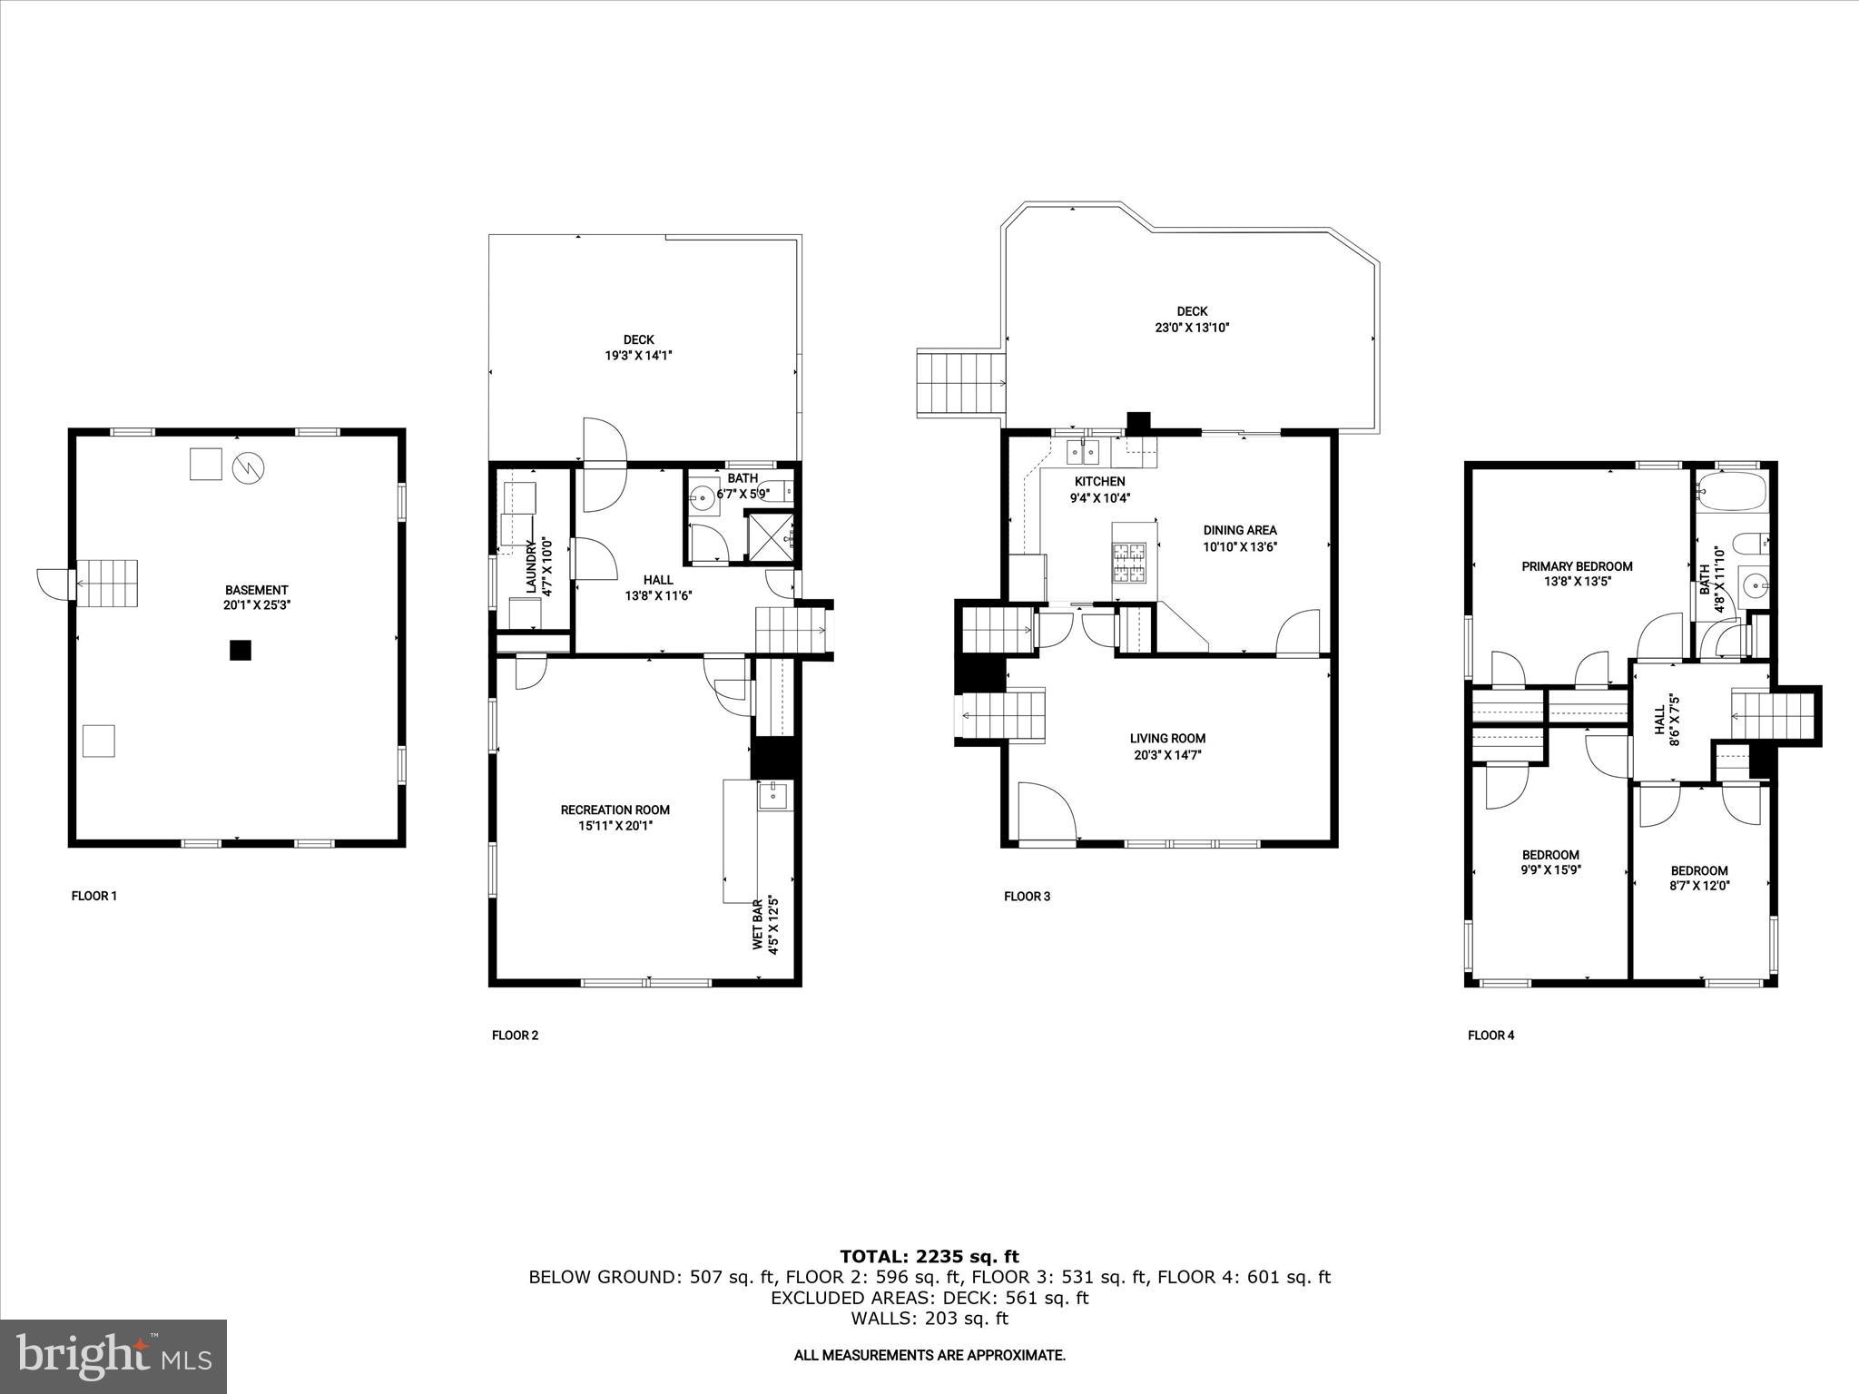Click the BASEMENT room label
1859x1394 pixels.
click(257, 589)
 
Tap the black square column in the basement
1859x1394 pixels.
click(240, 650)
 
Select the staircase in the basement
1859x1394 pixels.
click(107, 584)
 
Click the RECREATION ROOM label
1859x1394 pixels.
click(615, 810)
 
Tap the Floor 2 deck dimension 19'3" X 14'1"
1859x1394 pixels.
click(638, 356)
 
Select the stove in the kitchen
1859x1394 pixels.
click(1129, 562)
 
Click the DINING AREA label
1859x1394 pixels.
click(1240, 530)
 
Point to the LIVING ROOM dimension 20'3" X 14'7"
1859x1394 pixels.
click(1167, 754)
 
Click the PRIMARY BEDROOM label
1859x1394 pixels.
click(1577, 566)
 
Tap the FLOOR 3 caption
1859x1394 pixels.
click(1027, 897)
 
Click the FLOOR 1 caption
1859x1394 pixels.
click(94, 896)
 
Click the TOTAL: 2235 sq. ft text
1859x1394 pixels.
click(929, 1256)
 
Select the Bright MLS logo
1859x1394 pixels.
click(113, 1356)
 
